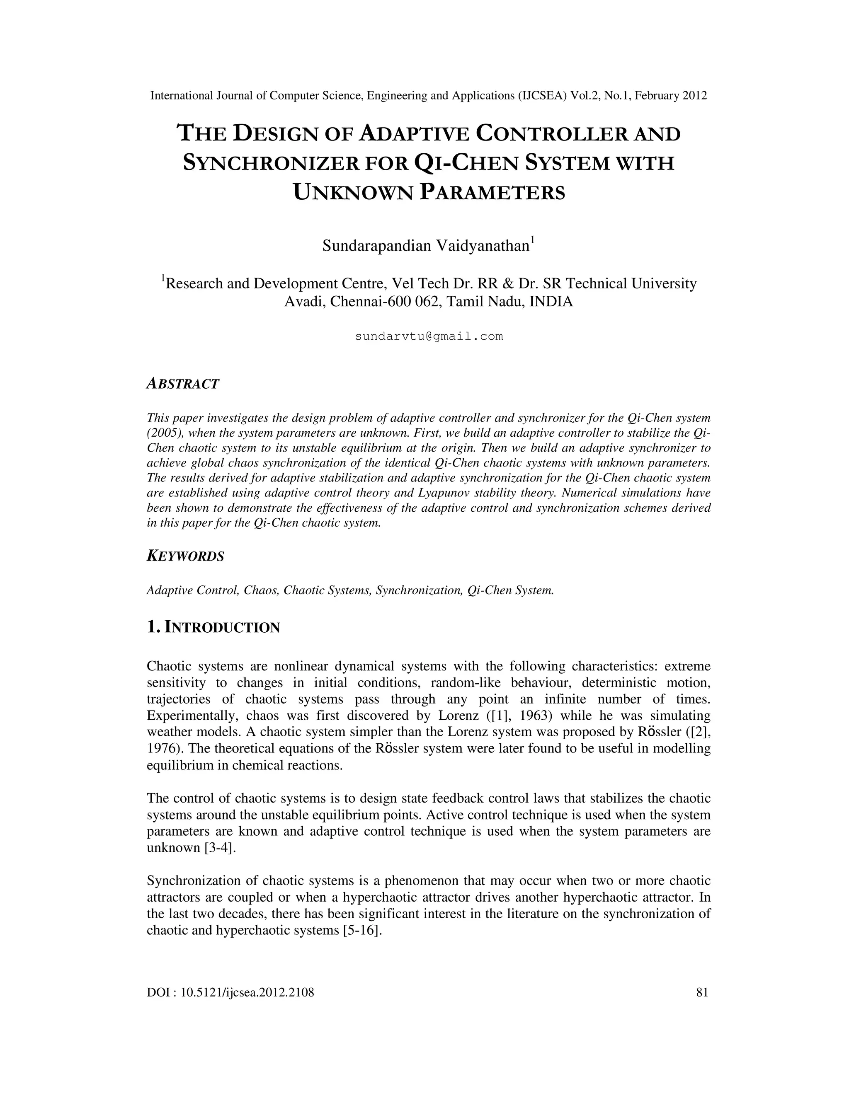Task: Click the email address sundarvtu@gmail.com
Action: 429,336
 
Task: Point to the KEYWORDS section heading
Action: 185,556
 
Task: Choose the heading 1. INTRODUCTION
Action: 213,627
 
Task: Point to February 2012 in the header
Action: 671,96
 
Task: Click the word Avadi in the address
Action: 302,302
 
